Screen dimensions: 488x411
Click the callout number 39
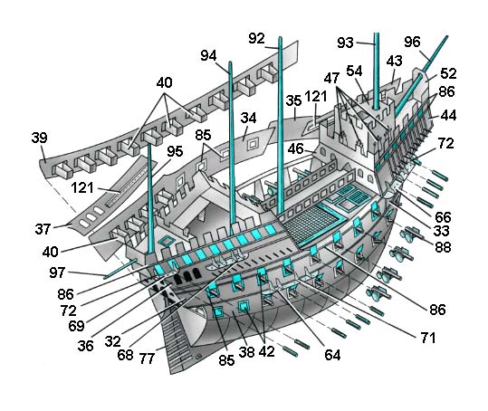(x=40, y=138)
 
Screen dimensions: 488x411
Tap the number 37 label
(x=43, y=229)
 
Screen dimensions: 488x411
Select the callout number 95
(x=175, y=151)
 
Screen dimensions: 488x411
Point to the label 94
(x=208, y=56)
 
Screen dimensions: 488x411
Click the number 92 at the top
(x=256, y=39)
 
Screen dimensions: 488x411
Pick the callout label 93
(x=345, y=43)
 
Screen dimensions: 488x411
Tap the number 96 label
(x=412, y=42)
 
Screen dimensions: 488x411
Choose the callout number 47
(x=331, y=78)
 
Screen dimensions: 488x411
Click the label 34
(x=248, y=119)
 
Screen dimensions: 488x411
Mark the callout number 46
(x=295, y=148)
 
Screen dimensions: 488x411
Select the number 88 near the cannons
(x=443, y=247)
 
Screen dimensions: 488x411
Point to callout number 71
(x=428, y=338)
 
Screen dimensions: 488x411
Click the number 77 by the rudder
(x=147, y=358)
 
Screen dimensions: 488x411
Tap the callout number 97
(x=57, y=272)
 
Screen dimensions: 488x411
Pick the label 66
(x=443, y=217)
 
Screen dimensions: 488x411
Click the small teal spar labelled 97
(x=120, y=269)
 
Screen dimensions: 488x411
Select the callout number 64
(x=332, y=355)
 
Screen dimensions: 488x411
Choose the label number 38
(x=247, y=352)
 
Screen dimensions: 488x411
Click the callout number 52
(x=448, y=73)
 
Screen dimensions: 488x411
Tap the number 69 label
(x=76, y=326)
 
